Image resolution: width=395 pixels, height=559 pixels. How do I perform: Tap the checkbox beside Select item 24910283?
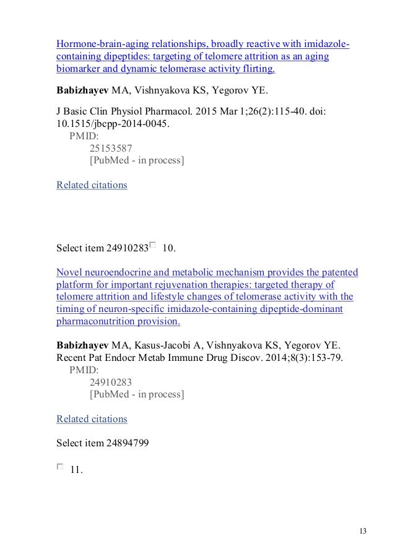click(153, 246)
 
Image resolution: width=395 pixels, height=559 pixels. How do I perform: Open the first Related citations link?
click(92, 185)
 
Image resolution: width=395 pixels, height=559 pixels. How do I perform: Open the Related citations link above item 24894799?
click(92, 418)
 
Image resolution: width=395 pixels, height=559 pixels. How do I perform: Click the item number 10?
click(168, 249)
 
